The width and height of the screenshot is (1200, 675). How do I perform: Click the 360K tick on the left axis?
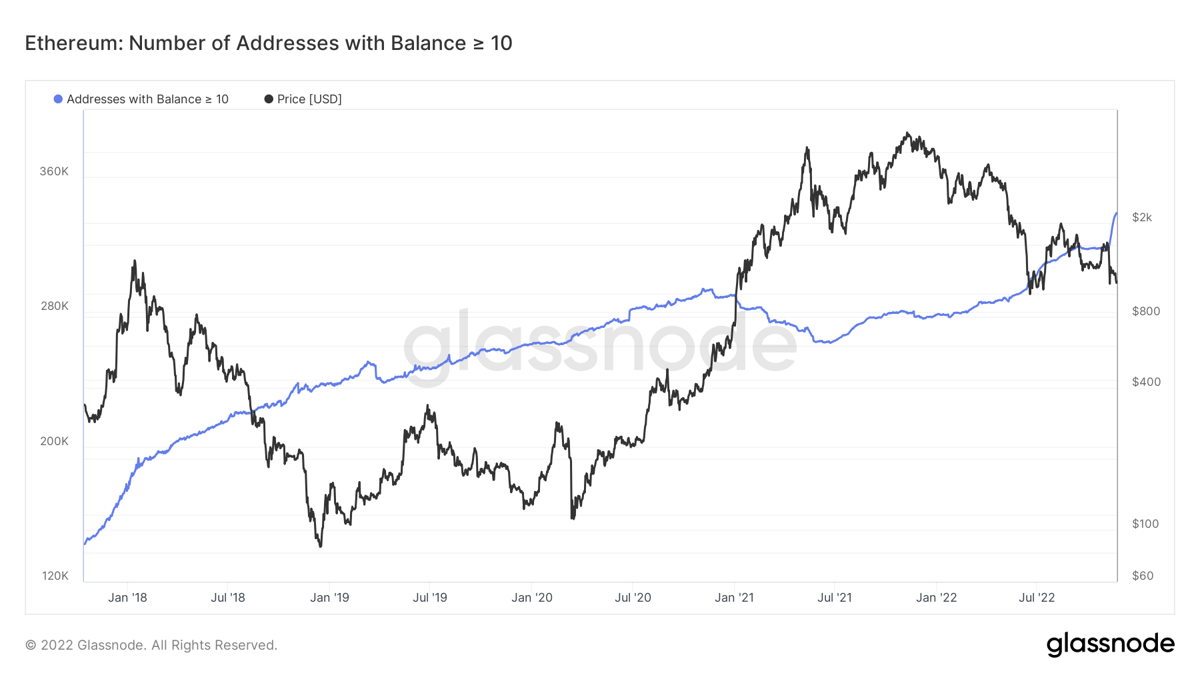point(54,171)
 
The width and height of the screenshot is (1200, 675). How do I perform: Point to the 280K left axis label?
point(54,306)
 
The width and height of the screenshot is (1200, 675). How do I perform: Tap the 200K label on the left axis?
point(54,441)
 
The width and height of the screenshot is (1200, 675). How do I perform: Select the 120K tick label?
point(55,576)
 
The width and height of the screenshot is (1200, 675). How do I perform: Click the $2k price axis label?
point(1142,217)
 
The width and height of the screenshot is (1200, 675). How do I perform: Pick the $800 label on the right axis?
point(1146,311)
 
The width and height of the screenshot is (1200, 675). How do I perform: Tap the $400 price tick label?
point(1146,382)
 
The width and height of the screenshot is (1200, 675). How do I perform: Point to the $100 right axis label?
point(1145,524)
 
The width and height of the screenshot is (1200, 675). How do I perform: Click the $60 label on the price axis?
point(1143,576)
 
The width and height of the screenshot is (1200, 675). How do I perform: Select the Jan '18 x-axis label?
point(127,598)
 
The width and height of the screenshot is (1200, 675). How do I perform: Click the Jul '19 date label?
point(430,598)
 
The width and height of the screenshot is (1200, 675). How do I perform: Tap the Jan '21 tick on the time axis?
point(734,598)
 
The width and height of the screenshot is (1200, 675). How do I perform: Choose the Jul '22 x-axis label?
point(1037,598)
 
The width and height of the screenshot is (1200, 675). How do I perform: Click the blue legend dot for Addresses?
point(58,99)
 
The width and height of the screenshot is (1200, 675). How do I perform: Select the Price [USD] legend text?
point(309,99)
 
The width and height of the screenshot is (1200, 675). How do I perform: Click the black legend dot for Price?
point(269,99)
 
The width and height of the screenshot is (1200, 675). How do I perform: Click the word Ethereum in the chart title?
point(71,43)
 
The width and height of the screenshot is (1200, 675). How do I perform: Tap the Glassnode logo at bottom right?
point(1110,644)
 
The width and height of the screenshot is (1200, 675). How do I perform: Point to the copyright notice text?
point(151,645)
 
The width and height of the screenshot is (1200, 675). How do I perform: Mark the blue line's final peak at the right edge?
point(1116,213)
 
